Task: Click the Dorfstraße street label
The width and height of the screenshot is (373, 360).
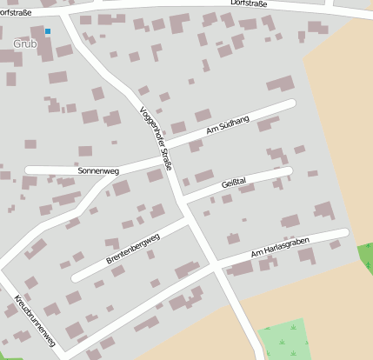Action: (250, 4)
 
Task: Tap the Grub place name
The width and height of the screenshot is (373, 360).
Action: (25, 43)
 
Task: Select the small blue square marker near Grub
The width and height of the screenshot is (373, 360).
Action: (48, 31)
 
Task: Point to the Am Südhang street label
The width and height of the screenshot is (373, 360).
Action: (228, 126)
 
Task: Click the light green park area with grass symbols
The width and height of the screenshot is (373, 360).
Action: (284, 341)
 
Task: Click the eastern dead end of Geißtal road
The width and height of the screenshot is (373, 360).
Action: (289, 171)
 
